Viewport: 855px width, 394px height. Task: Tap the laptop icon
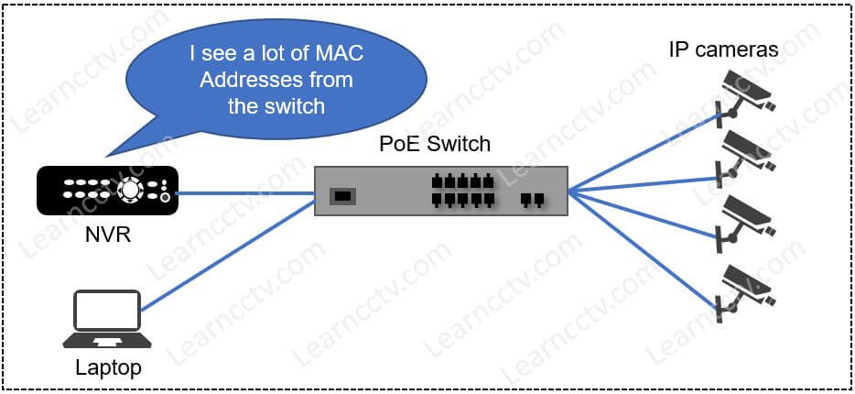click(x=107, y=320)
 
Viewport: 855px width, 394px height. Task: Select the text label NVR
click(x=106, y=235)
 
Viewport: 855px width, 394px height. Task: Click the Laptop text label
click(x=107, y=368)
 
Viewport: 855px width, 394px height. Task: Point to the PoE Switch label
click(x=435, y=144)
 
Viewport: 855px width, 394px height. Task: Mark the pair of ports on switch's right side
click(x=531, y=199)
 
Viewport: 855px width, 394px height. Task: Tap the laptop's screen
click(x=107, y=312)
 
